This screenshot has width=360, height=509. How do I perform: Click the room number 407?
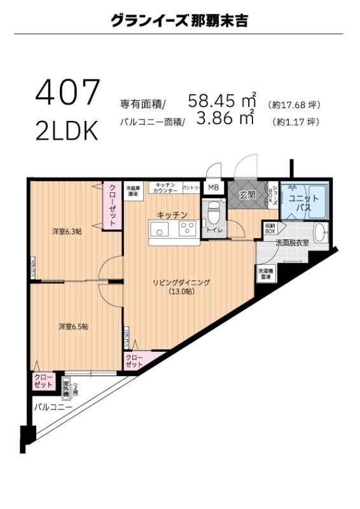point(67,93)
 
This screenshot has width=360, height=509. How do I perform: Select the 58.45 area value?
point(212,101)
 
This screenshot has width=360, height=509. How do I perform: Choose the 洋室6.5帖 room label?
point(73,326)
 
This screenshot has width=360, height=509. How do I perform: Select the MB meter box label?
point(212,188)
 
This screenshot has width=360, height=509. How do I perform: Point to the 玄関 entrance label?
point(247,195)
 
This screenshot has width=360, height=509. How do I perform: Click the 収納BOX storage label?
point(270,228)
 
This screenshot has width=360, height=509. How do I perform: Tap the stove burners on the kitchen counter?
point(188,229)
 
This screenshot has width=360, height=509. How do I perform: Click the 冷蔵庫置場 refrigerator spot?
point(132,190)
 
